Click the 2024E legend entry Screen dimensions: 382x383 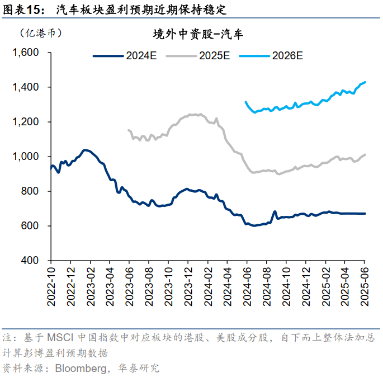pyautogui.click(x=125, y=56)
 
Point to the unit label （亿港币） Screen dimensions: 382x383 pyautogui.click(x=40, y=33)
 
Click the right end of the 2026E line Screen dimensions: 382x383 pyautogui.click(x=365, y=82)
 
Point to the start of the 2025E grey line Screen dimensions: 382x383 pyautogui.click(x=129, y=130)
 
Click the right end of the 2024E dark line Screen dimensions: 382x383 pyautogui.click(x=365, y=213)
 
